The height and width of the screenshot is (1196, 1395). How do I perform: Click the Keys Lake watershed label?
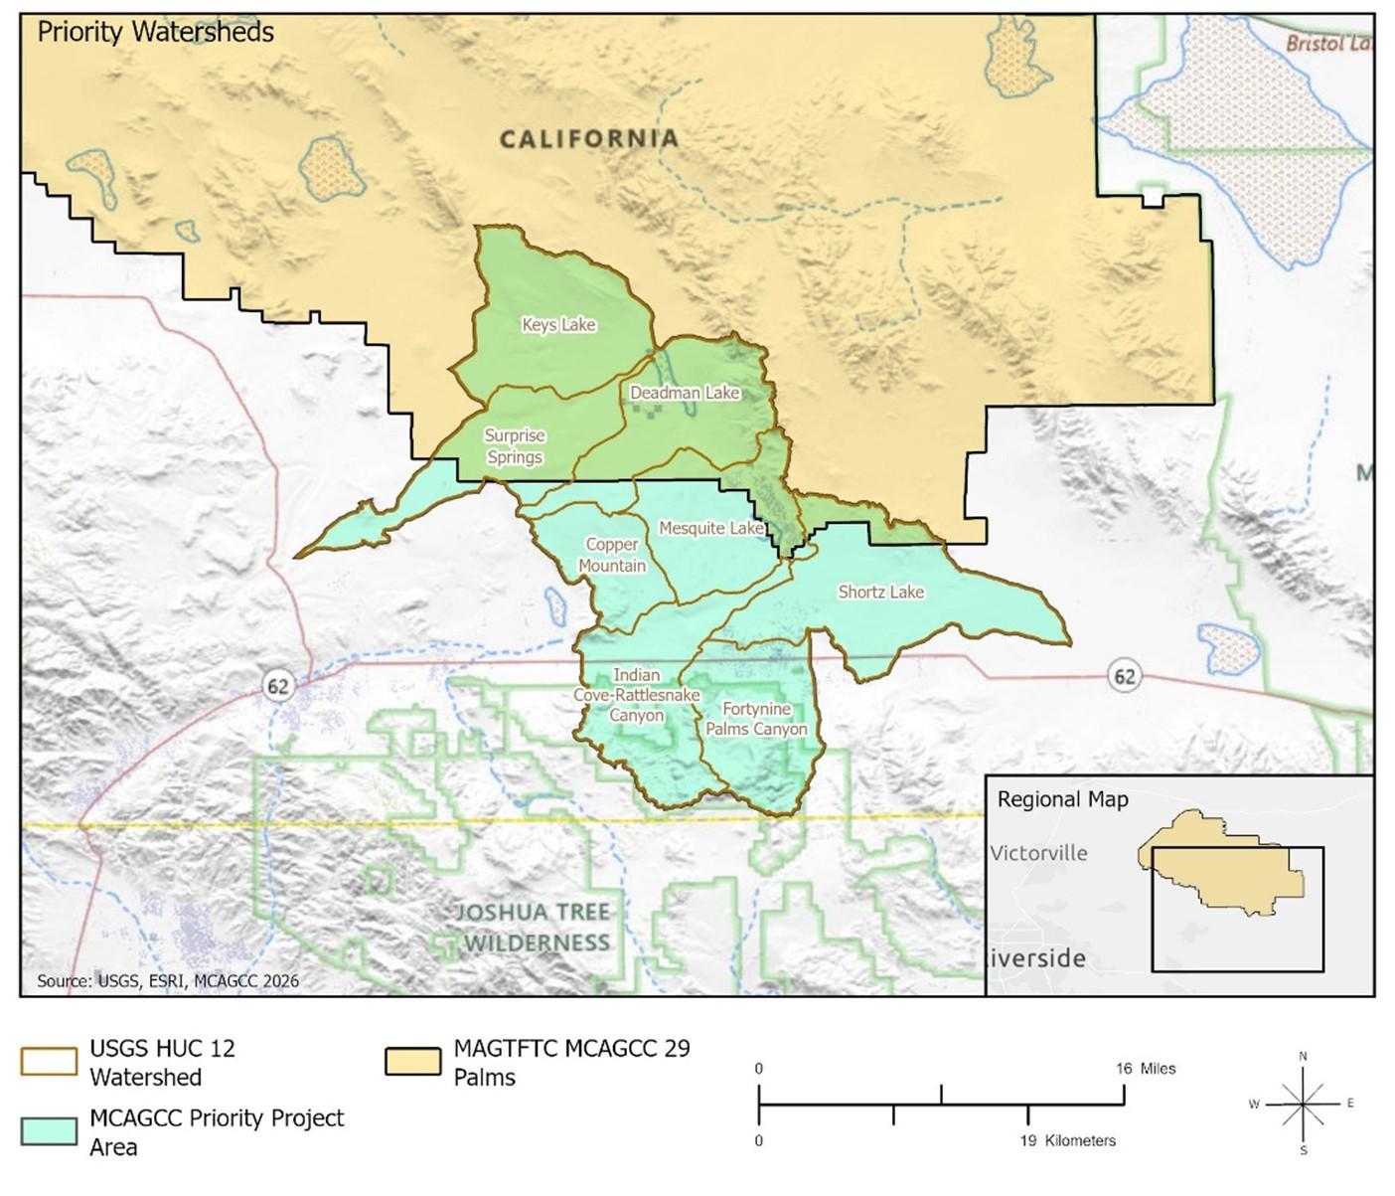tap(558, 325)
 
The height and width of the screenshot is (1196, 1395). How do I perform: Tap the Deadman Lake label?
tap(685, 393)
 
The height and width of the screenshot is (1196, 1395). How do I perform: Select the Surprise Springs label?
tap(514, 446)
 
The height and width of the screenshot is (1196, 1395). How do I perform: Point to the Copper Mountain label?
tap(612, 555)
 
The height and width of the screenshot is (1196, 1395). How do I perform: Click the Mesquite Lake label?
tap(710, 528)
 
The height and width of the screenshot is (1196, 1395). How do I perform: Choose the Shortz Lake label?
tap(880, 592)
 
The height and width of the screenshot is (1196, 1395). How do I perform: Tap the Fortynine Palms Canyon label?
tap(756, 719)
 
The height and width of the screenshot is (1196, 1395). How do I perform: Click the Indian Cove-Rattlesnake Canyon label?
tap(636, 695)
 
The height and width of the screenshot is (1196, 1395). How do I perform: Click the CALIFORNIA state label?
tap(588, 139)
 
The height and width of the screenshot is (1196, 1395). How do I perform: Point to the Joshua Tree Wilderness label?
tap(534, 927)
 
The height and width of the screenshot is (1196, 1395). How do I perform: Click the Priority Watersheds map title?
tap(155, 32)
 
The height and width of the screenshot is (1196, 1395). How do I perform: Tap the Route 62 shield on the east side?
tap(1124, 677)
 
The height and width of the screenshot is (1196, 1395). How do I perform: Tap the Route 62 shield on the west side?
tap(277, 686)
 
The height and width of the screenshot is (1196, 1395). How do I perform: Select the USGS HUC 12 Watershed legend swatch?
tap(49, 1061)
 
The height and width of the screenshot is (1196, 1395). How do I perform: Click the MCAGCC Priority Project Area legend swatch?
tap(49, 1131)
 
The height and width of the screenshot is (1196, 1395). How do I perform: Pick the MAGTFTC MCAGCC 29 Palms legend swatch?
tap(412, 1061)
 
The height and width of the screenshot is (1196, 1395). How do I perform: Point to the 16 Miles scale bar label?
tap(1145, 1069)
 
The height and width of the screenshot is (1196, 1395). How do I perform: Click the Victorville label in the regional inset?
tap(1038, 853)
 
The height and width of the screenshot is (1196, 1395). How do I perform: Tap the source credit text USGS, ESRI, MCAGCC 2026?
tap(168, 981)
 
